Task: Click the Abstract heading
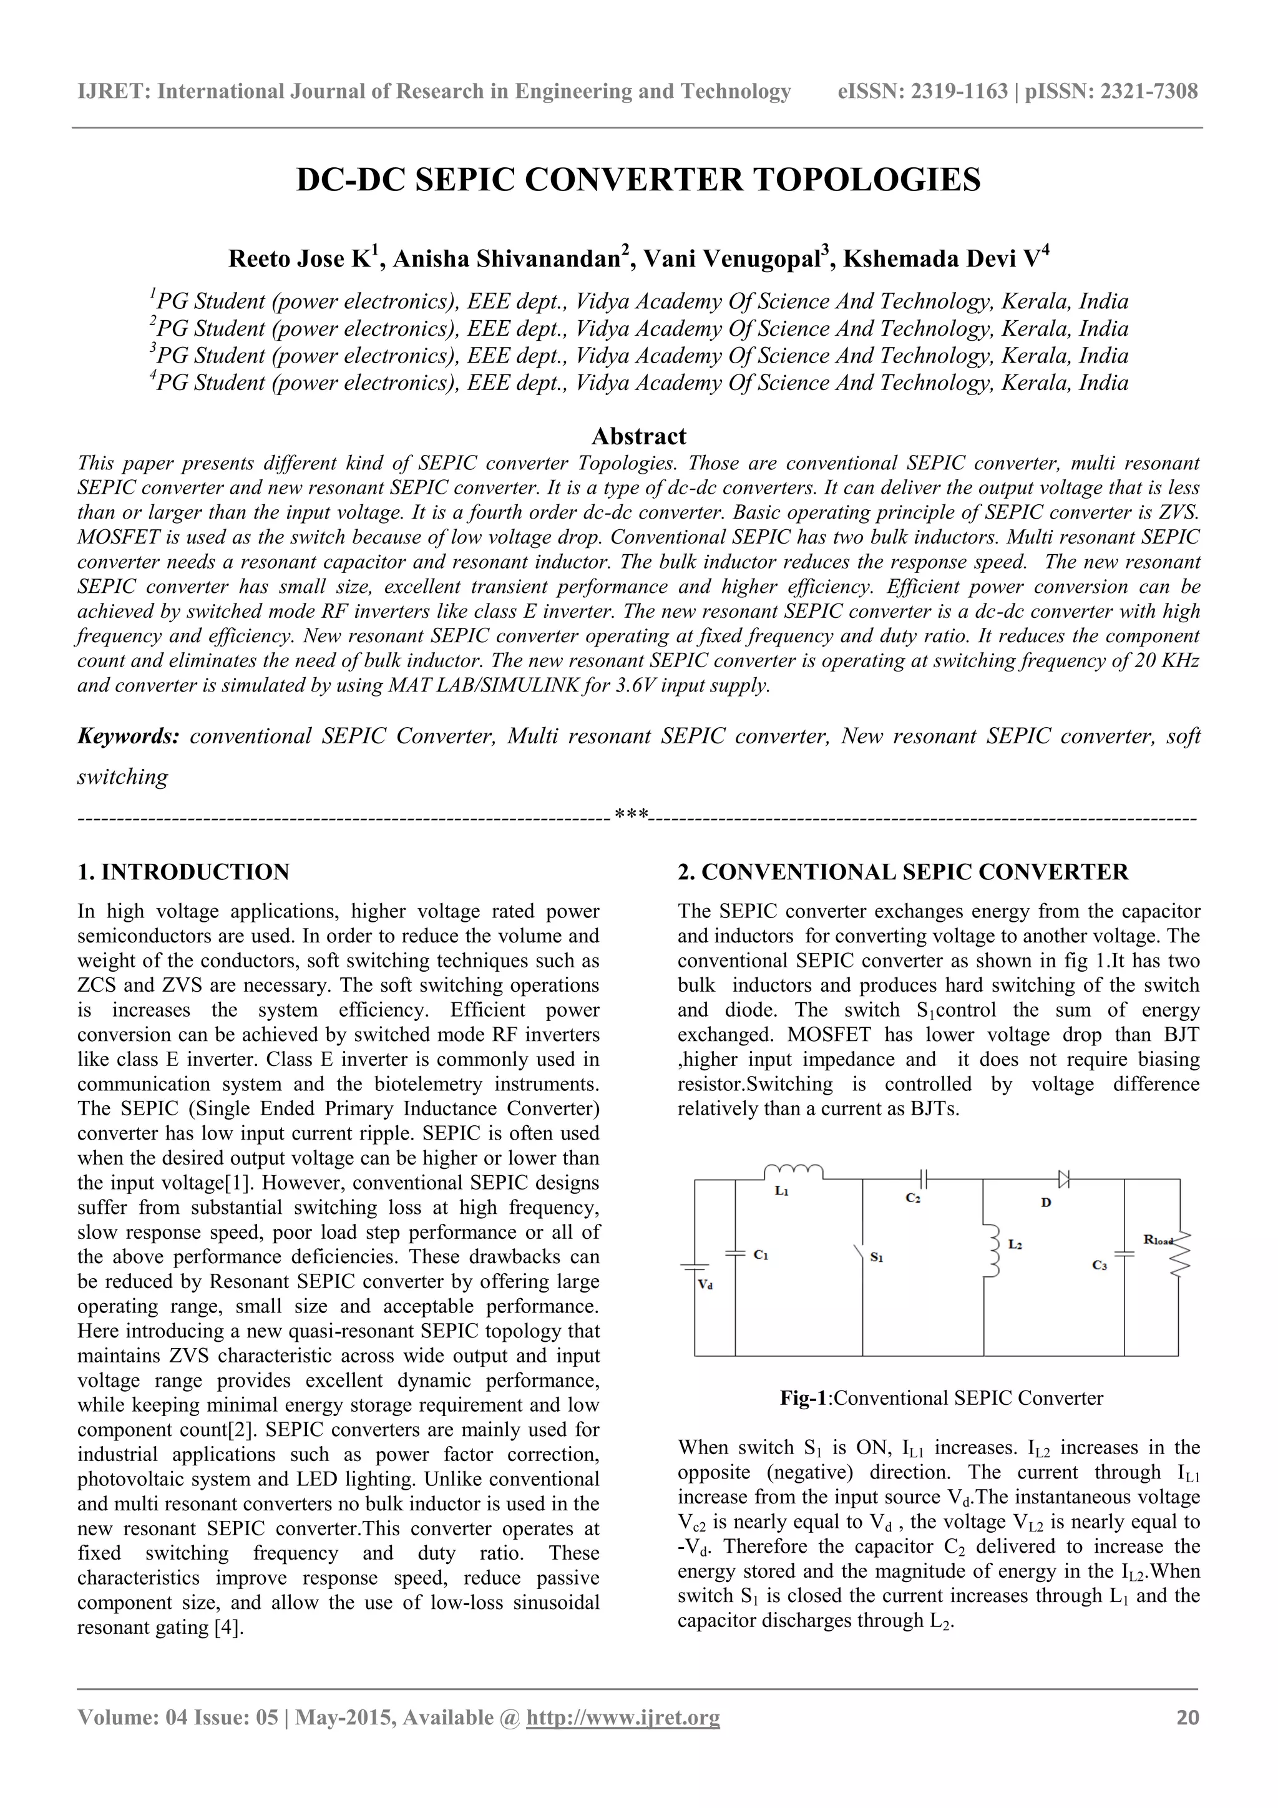(x=638, y=436)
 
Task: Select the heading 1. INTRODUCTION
(x=183, y=872)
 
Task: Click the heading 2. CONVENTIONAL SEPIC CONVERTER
(x=902, y=872)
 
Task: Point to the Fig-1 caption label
(x=802, y=1398)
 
